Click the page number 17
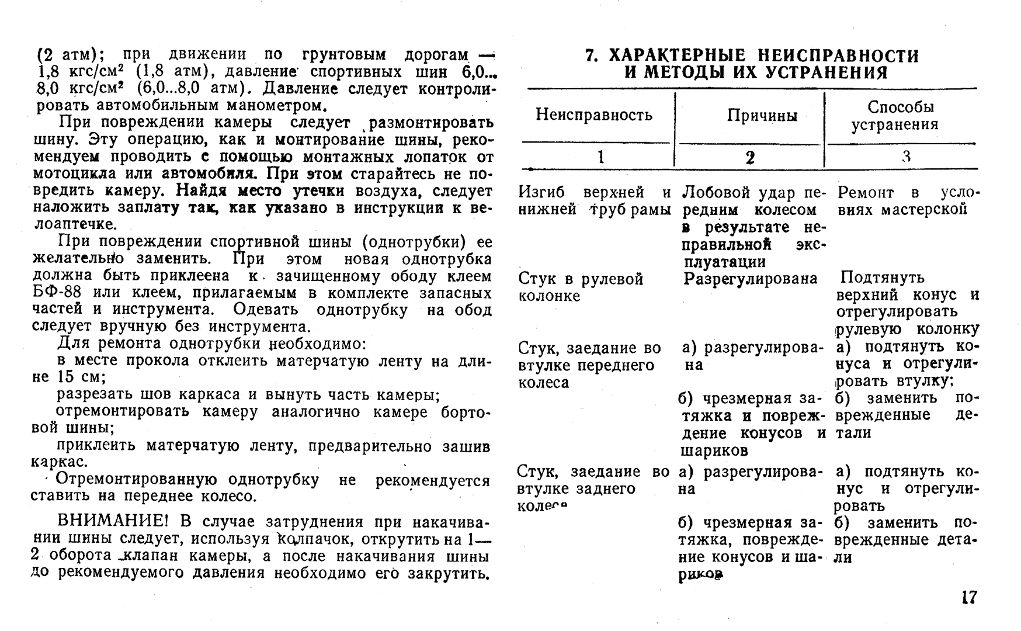[968, 598]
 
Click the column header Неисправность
[594, 115]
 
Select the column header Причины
[762, 115]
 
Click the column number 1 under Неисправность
[600, 157]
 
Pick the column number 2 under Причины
[750, 157]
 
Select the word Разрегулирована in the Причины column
[751, 279]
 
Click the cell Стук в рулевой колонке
[581, 287]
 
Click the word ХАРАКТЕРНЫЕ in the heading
[678, 56]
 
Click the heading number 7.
[591, 56]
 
